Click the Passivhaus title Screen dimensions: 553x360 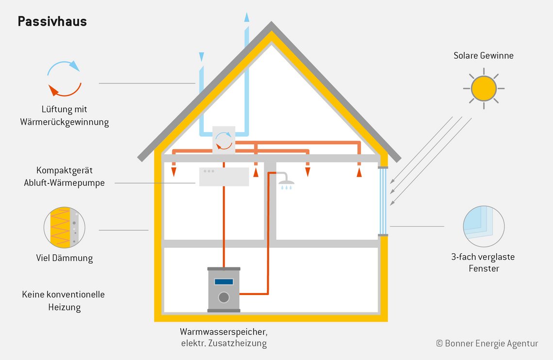pos(52,21)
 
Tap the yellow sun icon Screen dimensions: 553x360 pos(484,88)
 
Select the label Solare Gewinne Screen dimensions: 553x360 pos(484,55)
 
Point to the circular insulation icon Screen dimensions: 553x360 pos(64,228)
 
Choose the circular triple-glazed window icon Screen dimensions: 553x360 pos(484,227)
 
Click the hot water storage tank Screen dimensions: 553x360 pos(224,290)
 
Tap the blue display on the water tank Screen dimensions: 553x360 pos(224,282)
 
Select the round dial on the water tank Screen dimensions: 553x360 pos(224,297)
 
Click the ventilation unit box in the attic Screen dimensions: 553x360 pos(224,140)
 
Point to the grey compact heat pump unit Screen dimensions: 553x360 pos(224,177)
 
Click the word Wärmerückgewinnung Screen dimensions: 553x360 pos(65,122)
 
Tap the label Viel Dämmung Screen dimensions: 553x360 pos(65,258)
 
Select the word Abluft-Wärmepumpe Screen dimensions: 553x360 pos(64,183)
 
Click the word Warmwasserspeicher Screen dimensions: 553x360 pos(224,332)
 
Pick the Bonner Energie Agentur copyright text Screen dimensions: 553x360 pos(487,344)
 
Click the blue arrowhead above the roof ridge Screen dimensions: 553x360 pos(246,17)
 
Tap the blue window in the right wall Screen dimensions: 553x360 pos(383,201)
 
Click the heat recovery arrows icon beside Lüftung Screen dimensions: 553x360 pos(64,79)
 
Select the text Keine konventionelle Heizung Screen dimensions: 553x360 pos(64,301)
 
